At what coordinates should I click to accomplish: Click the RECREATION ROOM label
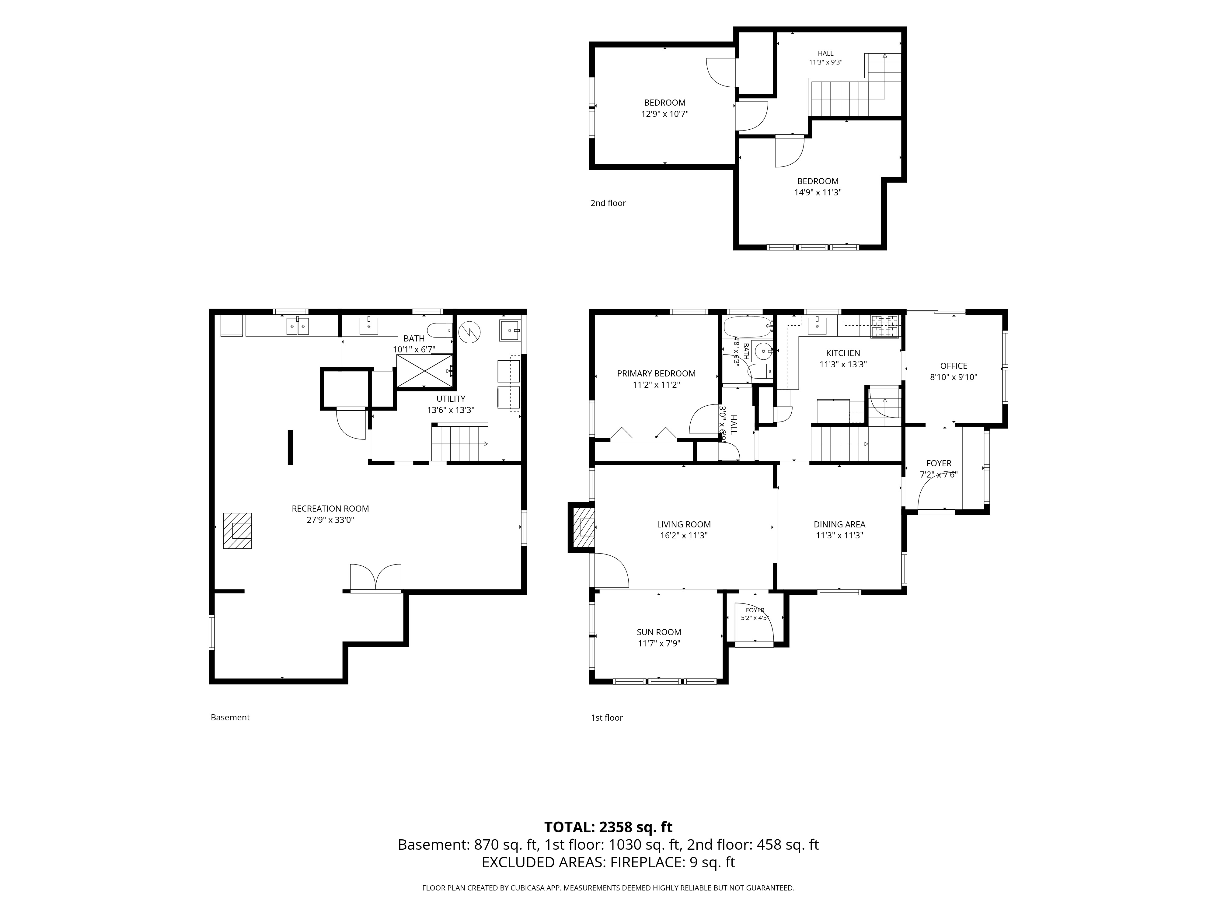pyautogui.click(x=330, y=509)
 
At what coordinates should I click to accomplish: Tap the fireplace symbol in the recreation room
pyautogui.click(x=237, y=530)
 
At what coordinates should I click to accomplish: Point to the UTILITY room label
pyautogui.click(x=451, y=398)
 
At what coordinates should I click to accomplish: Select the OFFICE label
pyautogui.click(x=954, y=366)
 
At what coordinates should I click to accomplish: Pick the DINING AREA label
pyautogui.click(x=839, y=524)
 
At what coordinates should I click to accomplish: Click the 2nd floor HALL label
pyautogui.click(x=825, y=53)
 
